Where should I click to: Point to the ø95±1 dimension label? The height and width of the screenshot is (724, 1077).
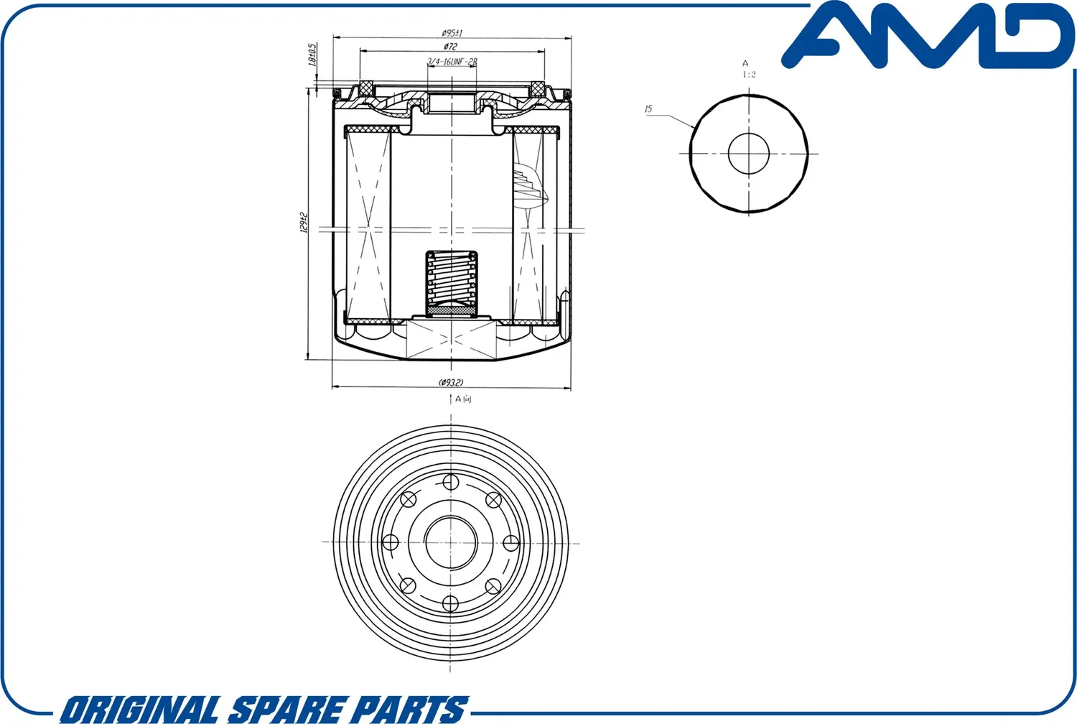point(452,32)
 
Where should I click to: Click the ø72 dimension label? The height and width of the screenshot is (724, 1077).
point(451,46)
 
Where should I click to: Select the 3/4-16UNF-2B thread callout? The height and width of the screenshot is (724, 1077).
point(452,62)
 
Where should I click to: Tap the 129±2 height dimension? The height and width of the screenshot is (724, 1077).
point(304,223)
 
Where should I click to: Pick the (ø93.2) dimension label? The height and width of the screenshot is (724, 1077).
point(451,382)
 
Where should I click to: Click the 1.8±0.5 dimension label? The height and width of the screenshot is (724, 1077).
point(312,55)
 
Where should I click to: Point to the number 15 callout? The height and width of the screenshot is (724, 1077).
point(648,109)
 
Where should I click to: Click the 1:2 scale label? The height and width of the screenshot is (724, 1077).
point(749,74)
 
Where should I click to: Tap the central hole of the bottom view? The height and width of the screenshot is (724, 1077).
point(451,542)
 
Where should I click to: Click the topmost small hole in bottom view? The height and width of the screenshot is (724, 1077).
point(450,481)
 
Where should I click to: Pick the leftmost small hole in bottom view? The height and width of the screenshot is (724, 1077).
point(391,542)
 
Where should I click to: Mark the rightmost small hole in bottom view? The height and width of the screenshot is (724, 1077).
point(511,542)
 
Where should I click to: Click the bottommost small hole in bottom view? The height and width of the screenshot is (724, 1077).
point(450,603)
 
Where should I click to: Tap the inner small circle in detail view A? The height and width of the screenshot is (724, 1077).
point(749,153)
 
